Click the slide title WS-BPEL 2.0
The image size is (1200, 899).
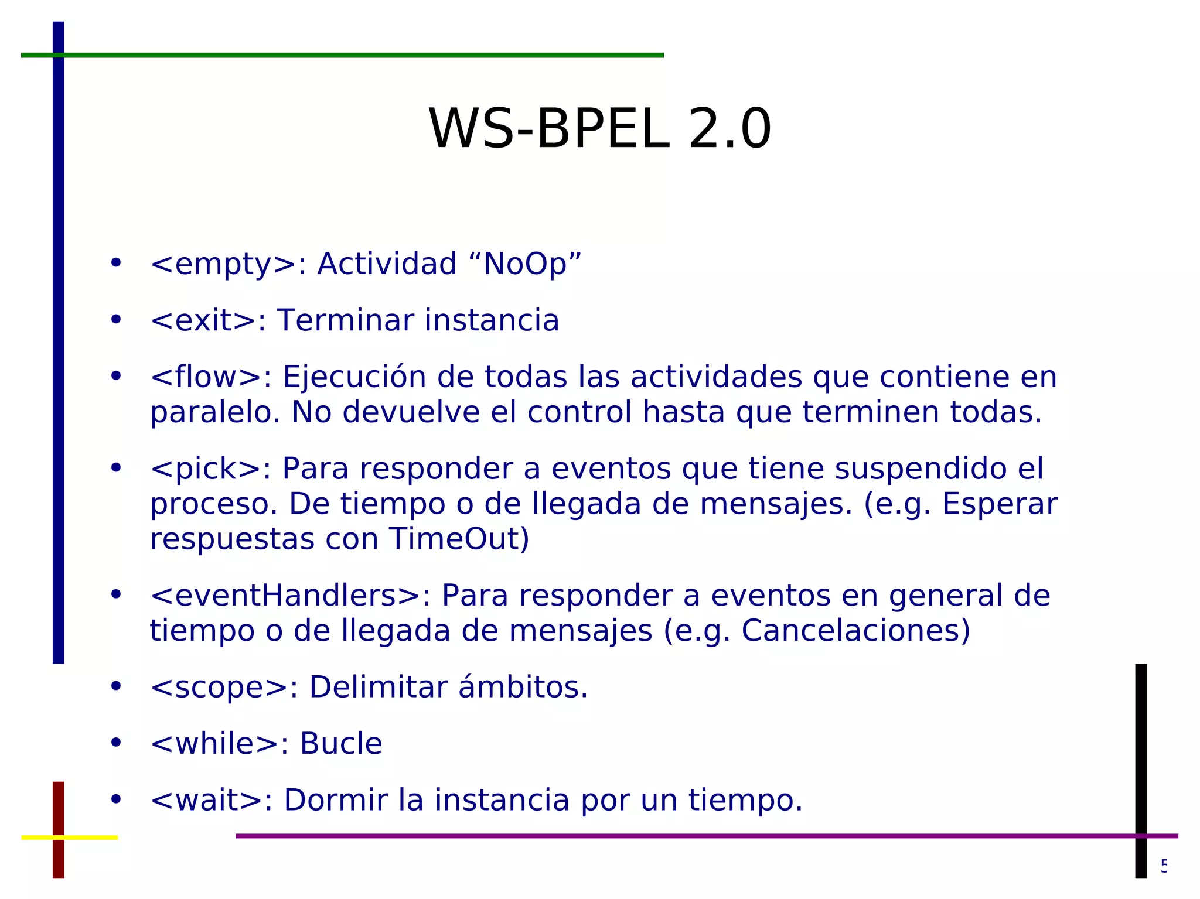click(599, 129)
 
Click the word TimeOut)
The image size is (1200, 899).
click(459, 539)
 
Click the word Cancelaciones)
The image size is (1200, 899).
click(856, 631)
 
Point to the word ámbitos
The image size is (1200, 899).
click(523, 687)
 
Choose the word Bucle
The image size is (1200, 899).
click(341, 744)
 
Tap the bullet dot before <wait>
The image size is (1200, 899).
click(116, 799)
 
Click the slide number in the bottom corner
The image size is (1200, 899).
click(1164, 865)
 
